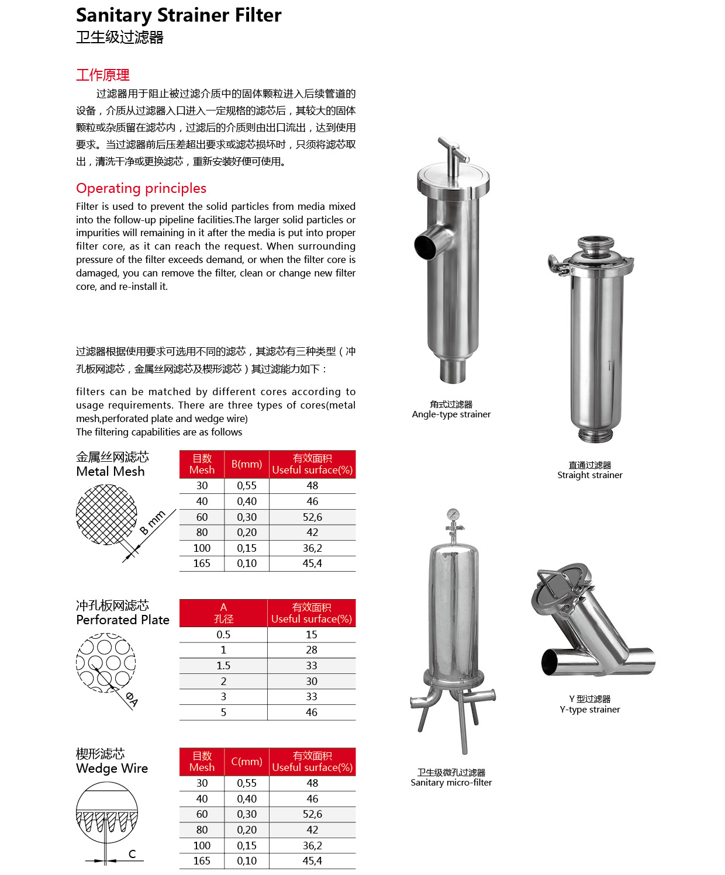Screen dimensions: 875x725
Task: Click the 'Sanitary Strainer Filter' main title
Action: (x=178, y=15)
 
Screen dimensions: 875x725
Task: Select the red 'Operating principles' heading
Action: (x=141, y=188)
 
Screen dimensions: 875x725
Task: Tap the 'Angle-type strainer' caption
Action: (x=451, y=414)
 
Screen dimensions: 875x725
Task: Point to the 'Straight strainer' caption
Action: (x=589, y=475)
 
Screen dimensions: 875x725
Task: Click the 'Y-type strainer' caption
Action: (x=589, y=710)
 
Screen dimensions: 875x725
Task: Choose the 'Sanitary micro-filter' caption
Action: (x=451, y=783)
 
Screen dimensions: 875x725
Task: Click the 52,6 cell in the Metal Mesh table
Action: (x=312, y=517)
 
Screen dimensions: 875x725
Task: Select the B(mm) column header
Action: (x=247, y=464)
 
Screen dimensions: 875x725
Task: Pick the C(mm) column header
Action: (x=247, y=762)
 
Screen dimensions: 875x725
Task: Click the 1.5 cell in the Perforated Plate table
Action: (x=223, y=666)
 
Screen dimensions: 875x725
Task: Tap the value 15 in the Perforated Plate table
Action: (x=312, y=635)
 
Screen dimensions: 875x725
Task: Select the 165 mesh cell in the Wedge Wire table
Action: (x=202, y=861)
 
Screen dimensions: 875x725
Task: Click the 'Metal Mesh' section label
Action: (x=111, y=471)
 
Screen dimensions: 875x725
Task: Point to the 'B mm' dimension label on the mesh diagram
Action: (x=153, y=522)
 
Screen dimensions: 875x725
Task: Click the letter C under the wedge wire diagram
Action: (x=132, y=854)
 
